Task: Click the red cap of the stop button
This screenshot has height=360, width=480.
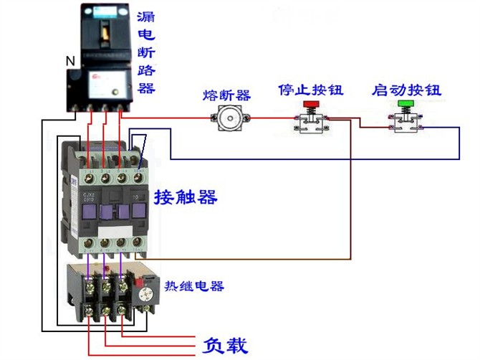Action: point(311,105)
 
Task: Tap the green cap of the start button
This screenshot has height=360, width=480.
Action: point(405,105)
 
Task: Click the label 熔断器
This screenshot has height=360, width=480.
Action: point(226,95)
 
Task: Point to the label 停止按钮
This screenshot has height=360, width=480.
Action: point(310,90)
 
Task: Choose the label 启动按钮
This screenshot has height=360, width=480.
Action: point(406,90)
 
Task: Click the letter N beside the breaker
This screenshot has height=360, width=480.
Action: point(69,62)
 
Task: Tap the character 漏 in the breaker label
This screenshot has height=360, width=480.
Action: point(146,16)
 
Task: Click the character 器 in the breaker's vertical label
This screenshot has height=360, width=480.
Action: point(146,88)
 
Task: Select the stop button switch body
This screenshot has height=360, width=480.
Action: point(311,123)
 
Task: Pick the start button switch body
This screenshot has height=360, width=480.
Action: point(405,123)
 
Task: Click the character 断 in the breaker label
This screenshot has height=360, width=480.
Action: point(146,52)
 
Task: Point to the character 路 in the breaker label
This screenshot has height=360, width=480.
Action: point(146,70)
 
